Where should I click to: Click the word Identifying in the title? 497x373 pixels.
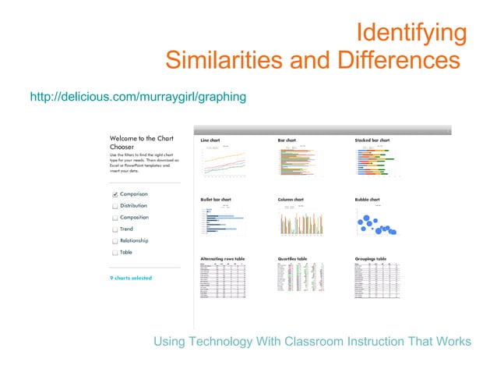pos(411,34)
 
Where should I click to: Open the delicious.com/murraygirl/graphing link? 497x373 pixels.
pos(138,97)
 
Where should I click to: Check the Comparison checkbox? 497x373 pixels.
pos(115,194)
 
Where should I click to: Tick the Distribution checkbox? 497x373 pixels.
pos(115,206)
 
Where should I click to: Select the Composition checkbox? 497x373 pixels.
pos(115,218)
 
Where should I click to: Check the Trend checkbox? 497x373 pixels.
pos(115,229)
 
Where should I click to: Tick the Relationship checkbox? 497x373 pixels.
pos(115,241)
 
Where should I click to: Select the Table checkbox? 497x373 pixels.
pos(115,253)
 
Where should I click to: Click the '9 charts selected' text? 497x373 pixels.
pos(130,278)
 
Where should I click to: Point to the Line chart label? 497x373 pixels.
pos(211,140)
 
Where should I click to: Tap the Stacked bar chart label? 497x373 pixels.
pos(372,140)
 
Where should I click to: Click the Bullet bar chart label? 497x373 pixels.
pos(216,199)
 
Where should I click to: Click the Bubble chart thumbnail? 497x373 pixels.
pos(377,222)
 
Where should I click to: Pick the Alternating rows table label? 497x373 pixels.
pos(224,258)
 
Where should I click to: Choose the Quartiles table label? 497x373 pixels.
pos(292,258)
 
